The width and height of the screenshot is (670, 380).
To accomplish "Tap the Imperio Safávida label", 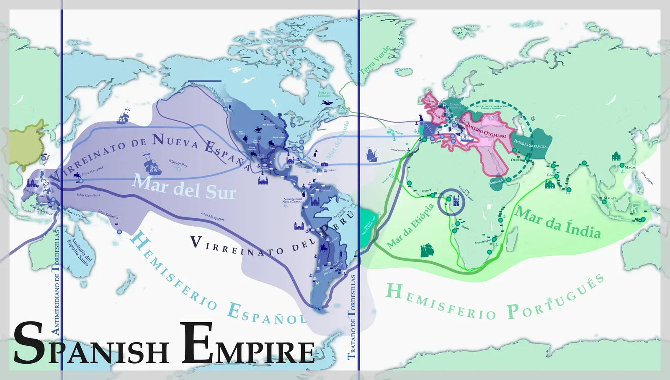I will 530,144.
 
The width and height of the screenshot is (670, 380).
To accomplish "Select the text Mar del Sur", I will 184,187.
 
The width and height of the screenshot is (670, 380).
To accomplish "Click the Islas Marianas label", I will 92,171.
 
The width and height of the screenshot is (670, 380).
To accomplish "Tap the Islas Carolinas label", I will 88,195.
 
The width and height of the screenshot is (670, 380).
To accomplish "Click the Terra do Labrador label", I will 324,94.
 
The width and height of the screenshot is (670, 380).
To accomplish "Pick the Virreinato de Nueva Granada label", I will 293,200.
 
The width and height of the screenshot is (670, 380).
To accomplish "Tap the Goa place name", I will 550,175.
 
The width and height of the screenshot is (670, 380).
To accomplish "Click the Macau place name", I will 630,167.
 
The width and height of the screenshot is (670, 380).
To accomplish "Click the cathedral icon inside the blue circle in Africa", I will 456,202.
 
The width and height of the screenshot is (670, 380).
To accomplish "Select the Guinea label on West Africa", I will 426,190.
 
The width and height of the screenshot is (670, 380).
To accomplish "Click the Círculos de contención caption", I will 491,107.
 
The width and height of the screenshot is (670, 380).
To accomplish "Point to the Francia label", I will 438,114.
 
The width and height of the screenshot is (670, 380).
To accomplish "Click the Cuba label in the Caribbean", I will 302,166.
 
